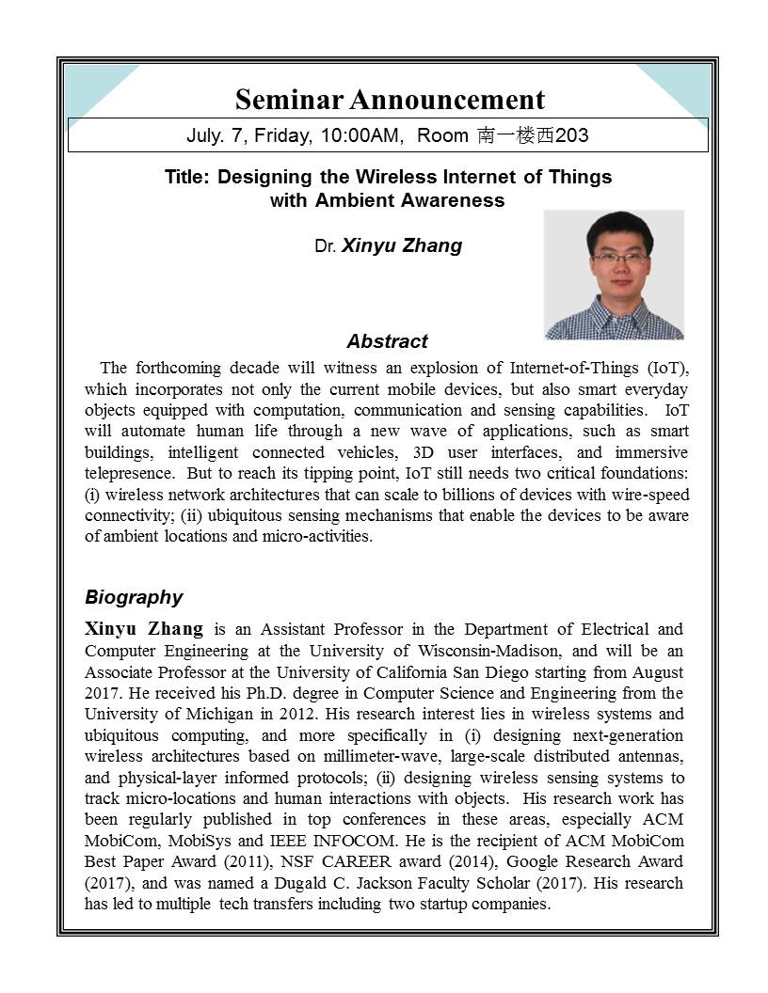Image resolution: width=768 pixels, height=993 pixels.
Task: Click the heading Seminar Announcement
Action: [x=390, y=100]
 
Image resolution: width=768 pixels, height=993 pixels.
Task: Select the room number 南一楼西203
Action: [x=534, y=135]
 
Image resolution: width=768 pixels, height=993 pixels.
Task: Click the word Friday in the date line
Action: [x=282, y=135]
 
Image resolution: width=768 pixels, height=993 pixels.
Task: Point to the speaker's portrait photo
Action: [x=614, y=275]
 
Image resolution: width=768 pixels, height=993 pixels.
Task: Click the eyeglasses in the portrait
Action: [x=618, y=257]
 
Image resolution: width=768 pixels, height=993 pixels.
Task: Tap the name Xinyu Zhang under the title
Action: [x=402, y=246]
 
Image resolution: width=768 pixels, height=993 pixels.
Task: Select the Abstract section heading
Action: [x=387, y=341]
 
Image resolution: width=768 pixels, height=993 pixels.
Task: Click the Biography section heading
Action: [x=134, y=597]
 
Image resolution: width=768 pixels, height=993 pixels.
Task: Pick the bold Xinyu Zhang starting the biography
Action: [x=143, y=629]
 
